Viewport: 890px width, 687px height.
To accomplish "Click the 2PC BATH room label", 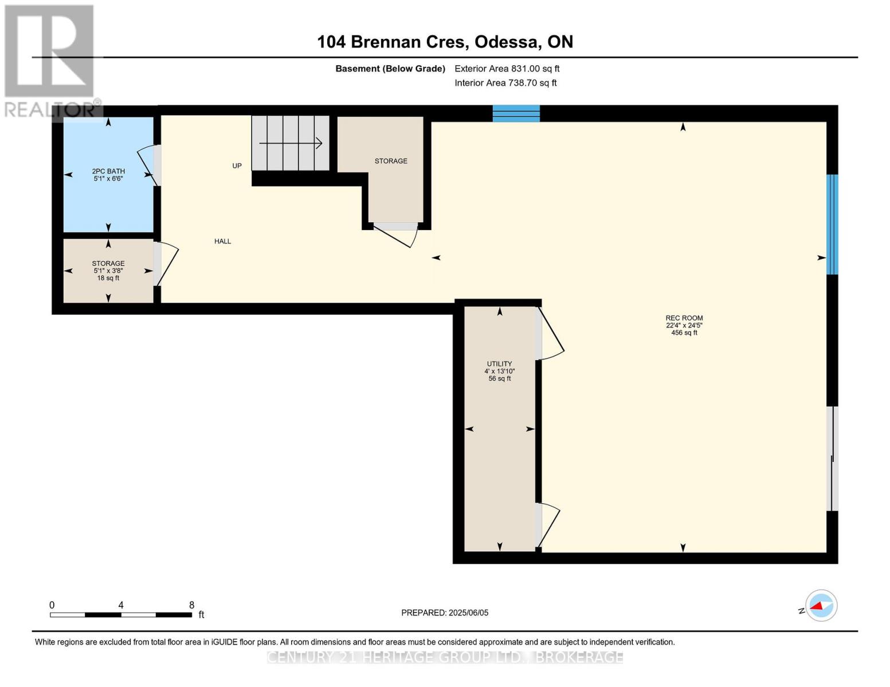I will pos(108,171).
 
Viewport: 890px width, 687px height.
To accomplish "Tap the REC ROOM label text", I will pos(684,318).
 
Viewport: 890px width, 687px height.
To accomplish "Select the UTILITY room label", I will pos(499,364).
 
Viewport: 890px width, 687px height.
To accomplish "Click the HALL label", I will pos(222,242).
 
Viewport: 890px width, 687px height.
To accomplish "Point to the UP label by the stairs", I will pos(237,166).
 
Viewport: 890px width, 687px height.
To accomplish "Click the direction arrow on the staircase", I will pos(291,143).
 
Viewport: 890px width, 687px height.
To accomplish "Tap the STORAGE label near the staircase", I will pos(391,161).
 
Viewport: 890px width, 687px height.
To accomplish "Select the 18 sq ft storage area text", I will pos(108,278).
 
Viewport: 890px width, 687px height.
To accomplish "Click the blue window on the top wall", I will pos(516,113).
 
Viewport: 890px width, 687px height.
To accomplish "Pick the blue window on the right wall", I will pos(832,224).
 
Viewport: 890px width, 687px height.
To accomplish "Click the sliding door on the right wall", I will pos(833,458).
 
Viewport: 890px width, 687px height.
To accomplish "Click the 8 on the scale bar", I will pos(191,605).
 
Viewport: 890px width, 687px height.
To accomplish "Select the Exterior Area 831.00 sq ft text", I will pos(507,69).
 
